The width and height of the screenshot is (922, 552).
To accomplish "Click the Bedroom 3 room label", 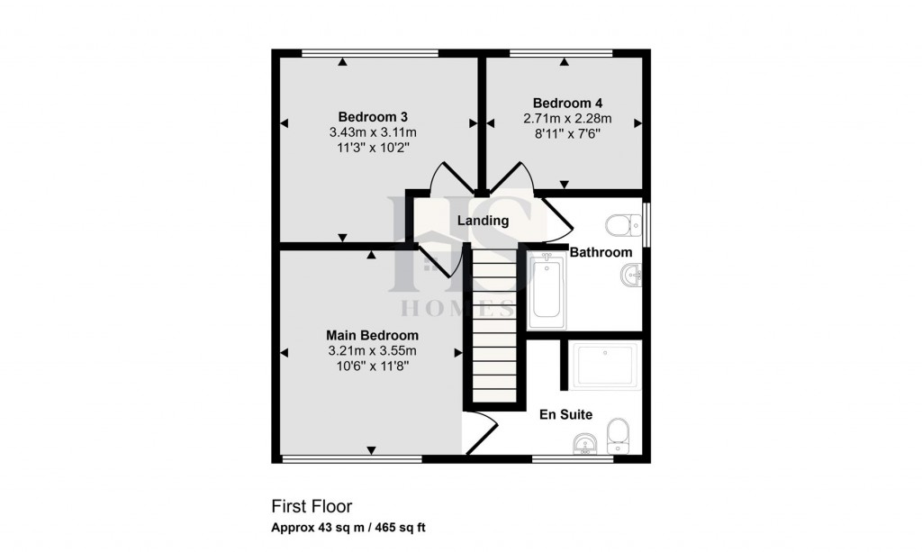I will [x=373, y=116].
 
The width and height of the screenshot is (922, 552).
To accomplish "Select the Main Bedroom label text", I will [x=372, y=335].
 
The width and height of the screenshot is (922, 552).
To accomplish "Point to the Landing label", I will [x=483, y=221].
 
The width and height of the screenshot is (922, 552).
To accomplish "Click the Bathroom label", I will [x=601, y=252].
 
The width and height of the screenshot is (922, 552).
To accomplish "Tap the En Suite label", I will [x=565, y=415].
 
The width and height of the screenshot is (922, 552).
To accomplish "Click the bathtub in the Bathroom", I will [x=546, y=290].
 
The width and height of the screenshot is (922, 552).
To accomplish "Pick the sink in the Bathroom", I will [x=629, y=278].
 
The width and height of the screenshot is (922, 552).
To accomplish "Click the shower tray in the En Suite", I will [x=605, y=365].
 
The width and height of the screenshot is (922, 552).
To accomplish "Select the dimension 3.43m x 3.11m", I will [x=373, y=132].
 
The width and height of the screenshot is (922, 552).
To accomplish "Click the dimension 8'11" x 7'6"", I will [x=567, y=133].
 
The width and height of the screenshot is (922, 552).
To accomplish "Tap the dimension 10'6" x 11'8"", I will [x=372, y=366].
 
